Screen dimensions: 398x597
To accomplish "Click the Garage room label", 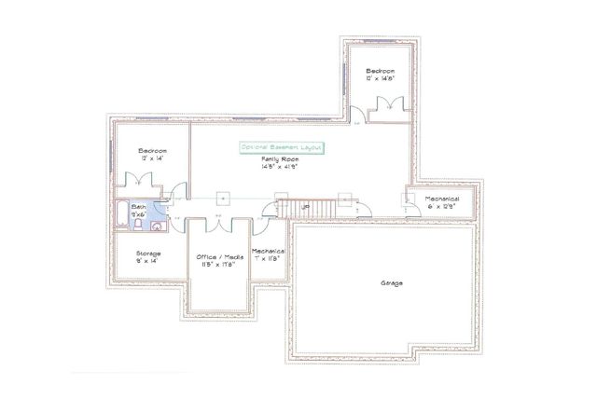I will tap(392, 282).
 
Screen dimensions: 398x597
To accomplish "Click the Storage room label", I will tap(148, 253).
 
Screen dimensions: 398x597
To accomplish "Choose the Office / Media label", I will tap(220, 255).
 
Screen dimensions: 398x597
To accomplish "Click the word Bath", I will tap(138, 206).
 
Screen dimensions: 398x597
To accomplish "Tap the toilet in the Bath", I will tap(138, 224).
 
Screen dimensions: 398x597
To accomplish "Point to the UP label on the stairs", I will tap(305, 207).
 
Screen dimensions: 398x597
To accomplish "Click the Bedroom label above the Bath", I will tap(152, 151).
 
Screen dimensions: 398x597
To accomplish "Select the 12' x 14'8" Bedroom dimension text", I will tap(380, 79).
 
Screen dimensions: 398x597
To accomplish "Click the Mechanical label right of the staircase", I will tap(442, 199).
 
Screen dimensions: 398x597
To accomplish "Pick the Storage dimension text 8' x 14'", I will tap(148, 262).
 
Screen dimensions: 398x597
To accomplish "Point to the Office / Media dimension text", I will tap(220, 264).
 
